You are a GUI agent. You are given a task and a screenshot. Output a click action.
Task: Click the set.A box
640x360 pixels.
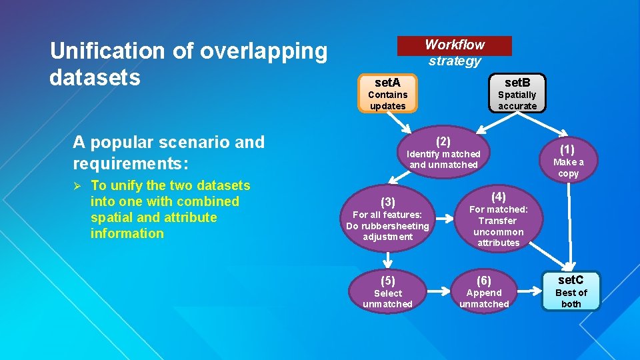387,94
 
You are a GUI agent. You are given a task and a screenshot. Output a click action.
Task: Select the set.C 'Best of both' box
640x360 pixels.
571,291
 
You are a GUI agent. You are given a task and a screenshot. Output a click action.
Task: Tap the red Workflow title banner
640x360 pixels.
455,45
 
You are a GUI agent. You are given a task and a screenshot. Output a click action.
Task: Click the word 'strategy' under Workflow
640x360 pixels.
455,61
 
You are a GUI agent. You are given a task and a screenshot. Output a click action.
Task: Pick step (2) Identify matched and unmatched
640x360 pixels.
443,153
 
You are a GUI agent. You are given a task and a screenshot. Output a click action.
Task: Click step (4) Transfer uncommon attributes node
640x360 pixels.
498,219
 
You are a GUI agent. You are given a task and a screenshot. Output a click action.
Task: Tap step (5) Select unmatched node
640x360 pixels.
387,292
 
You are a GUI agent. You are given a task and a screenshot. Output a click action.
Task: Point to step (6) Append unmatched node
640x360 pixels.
484,292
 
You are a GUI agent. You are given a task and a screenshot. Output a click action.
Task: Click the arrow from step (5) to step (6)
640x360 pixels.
437,291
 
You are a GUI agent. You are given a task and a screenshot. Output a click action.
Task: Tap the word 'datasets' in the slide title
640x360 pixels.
95,77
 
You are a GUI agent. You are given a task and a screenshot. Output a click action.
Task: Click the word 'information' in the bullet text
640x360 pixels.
127,233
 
